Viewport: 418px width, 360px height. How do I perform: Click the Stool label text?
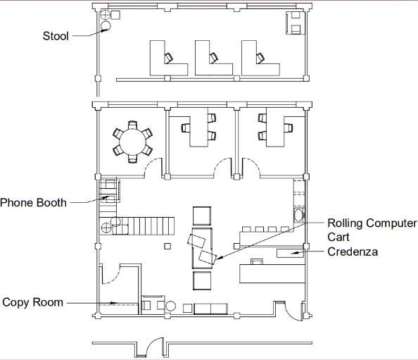pyautogui.click(x=56, y=36)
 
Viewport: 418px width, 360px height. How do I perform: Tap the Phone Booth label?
pyautogui.click(x=33, y=203)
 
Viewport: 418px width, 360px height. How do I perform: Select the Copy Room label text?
pyautogui.click(x=33, y=302)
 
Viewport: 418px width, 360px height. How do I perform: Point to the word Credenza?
pyautogui.click(x=353, y=252)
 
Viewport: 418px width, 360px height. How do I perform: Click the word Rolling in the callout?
pyautogui.click(x=343, y=223)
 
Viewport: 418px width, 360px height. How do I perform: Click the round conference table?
pyautogui.click(x=132, y=142)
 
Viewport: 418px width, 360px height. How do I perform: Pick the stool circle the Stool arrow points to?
pyautogui.click(x=106, y=26)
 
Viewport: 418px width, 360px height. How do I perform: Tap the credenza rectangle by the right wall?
pyautogui.click(x=290, y=253)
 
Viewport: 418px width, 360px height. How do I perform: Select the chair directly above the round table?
pyautogui.click(x=132, y=125)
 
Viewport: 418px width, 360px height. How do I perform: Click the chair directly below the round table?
pyautogui.click(x=132, y=159)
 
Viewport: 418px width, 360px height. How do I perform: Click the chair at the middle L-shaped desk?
pyautogui.click(x=213, y=58)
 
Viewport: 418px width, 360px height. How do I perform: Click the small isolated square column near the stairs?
pyautogui.click(x=167, y=246)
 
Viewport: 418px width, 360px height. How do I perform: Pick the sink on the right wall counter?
pyautogui.click(x=298, y=216)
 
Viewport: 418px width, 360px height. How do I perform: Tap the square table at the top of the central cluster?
pyautogui.click(x=202, y=216)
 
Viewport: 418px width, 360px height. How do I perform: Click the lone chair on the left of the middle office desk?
pyautogui.click(x=185, y=128)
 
